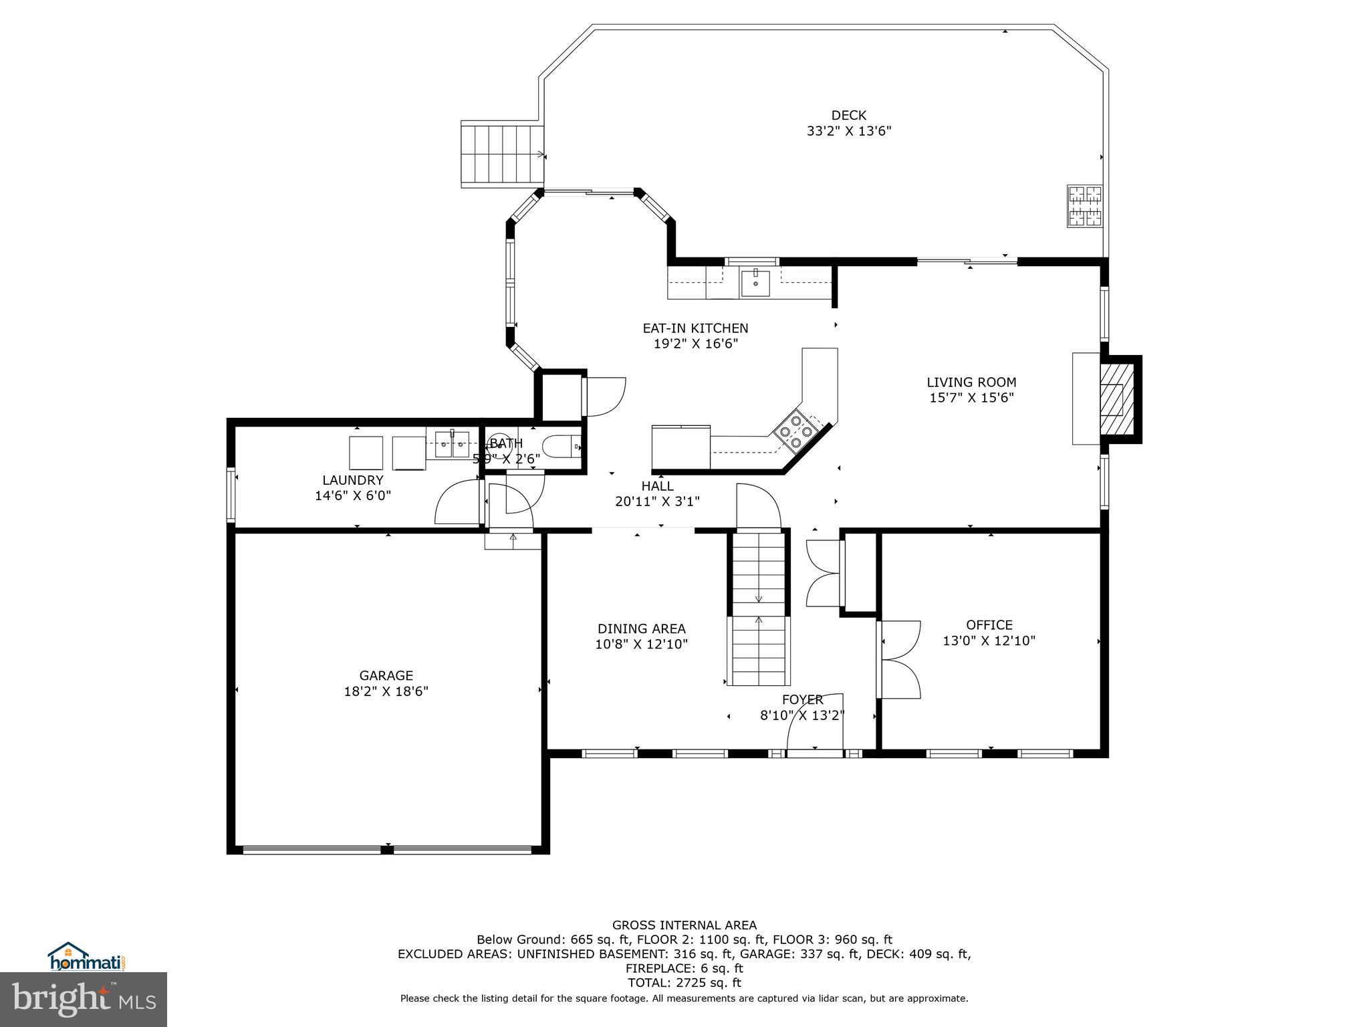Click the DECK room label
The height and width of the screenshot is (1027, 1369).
pos(848,115)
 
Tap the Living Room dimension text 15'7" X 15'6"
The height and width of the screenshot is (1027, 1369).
pos(971,398)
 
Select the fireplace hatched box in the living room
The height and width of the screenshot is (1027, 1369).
pos(1112,399)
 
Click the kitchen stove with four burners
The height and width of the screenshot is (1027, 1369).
pos(797,431)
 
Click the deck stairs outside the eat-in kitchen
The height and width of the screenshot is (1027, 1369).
pos(501,154)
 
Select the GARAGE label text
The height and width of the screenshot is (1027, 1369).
pos(386,675)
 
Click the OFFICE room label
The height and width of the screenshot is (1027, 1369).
pos(989,624)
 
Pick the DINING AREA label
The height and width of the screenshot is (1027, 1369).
pos(641,629)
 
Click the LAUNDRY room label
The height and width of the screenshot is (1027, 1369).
pos(352,480)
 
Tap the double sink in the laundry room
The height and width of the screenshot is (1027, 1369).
pos(452,445)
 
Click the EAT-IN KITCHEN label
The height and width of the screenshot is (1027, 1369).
pos(695,328)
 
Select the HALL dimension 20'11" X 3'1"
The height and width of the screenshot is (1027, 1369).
pos(657,501)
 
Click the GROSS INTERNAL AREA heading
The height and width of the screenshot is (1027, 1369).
pos(684,925)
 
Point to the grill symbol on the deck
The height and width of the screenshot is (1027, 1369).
pos(1084,206)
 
